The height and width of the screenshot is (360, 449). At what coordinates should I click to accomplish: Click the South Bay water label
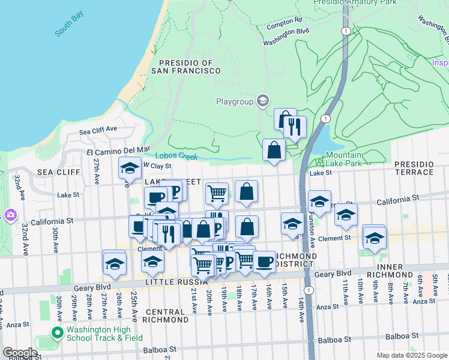click(67, 29)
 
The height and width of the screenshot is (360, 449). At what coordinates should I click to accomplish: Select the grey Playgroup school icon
click(262, 101)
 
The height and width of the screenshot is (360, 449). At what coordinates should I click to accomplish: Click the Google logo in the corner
click(19, 353)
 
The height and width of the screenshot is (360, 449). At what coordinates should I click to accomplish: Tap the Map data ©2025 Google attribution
click(412, 355)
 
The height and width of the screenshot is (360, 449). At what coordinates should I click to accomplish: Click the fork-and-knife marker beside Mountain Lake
click(295, 127)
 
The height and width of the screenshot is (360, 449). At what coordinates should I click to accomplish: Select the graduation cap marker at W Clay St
click(130, 169)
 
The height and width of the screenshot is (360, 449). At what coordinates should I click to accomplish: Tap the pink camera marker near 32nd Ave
click(10, 214)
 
